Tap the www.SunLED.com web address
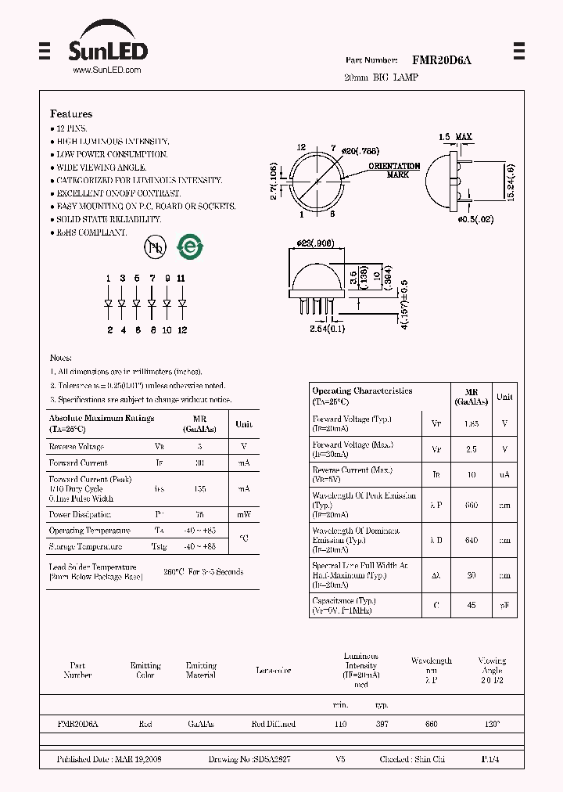point(106,70)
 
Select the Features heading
point(71,113)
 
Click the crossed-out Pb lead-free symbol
point(155,247)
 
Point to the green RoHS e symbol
point(190,247)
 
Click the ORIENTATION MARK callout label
point(394,170)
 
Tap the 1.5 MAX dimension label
point(455,138)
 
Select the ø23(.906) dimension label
point(316,243)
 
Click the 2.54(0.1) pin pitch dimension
point(317,327)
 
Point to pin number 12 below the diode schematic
point(182,329)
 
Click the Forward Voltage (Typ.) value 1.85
point(471,423)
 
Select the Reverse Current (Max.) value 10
point(472,474)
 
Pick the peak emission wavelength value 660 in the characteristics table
point(472,506)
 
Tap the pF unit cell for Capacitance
point(505,605)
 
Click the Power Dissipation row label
point(80,515)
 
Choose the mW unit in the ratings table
point(244,515)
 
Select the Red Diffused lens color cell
point(273,725)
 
